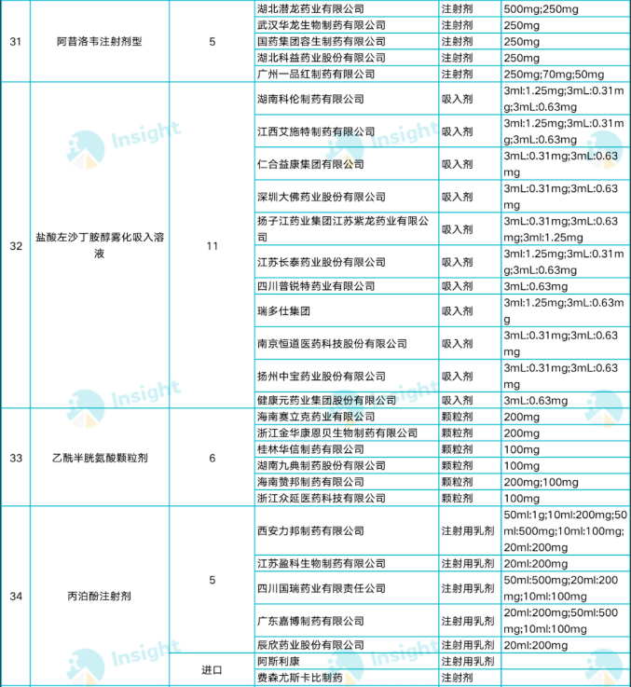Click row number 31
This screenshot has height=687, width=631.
click(15, 42)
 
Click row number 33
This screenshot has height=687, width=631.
click(15, 457)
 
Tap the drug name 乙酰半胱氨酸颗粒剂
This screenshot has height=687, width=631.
click(99, 457)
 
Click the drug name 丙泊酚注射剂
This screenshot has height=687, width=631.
click(99, 595)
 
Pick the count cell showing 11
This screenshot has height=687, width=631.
click(212, 246)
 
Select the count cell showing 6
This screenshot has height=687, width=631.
click(212, 457)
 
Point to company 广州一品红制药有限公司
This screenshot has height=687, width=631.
click(315, 74)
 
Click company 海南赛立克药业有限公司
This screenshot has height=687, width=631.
click(315, 417)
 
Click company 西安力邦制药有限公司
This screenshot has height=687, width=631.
click(309, 531)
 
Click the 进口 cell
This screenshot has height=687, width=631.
click(212, 669)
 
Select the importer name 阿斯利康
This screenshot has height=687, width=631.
click(277, 661)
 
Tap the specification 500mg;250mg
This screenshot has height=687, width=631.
click(542, 8)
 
